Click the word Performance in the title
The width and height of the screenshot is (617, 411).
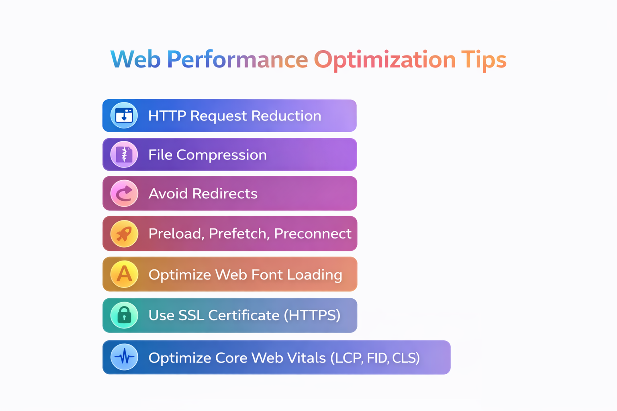(237, 60)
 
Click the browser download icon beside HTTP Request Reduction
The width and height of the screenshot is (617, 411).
(124, 115)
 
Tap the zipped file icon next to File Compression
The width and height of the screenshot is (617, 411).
(124, 154)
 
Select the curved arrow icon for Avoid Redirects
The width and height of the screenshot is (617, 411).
(124, 193)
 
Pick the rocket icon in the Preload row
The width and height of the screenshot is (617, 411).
(124, 234)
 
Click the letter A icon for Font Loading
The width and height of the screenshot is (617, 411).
(124, 274)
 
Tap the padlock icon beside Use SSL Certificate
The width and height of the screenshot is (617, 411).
(124, 315)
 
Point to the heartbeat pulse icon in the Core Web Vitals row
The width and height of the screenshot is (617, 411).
(124, 357)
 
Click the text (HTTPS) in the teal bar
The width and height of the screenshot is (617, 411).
(312, 315)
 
